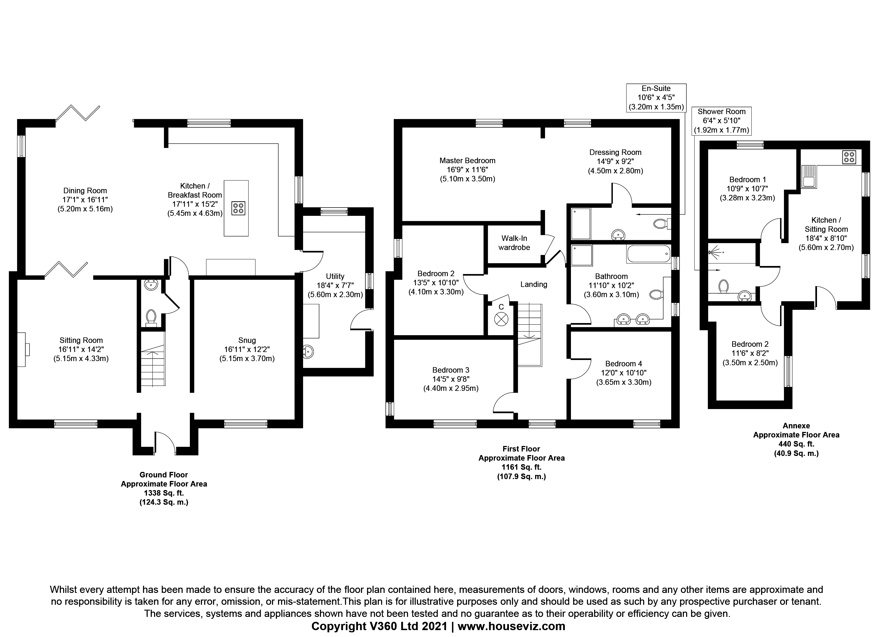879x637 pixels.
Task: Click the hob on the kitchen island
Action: pos(238,208)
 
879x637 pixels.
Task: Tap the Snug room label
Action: pos(247,340)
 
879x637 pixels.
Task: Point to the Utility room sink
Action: pos(308,352)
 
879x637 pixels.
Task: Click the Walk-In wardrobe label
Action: pos(514,243)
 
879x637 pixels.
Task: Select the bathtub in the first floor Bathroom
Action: pos(648,254)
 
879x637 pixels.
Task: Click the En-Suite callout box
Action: pos(656,98)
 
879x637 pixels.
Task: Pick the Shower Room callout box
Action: pos(721,121)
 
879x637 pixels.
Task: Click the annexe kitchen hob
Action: pos(848,157)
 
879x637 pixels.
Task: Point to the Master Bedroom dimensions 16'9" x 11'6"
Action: pos(467,170)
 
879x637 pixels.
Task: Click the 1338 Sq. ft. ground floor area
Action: pos(164,493)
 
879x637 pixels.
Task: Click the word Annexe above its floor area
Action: pos(796,425)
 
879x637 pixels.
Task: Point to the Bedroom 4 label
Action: pos(623,364)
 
